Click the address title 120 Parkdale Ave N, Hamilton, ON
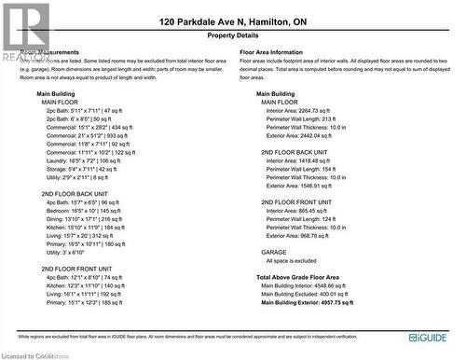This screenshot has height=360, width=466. click(232, 21)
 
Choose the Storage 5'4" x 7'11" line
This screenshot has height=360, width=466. click(80, 169)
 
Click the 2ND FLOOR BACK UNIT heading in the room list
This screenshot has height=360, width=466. click(75, 193)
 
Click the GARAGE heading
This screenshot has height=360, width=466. click(274, 252)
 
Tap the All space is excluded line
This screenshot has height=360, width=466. click(292, 261)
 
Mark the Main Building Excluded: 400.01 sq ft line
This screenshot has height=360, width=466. click(306, 295)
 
